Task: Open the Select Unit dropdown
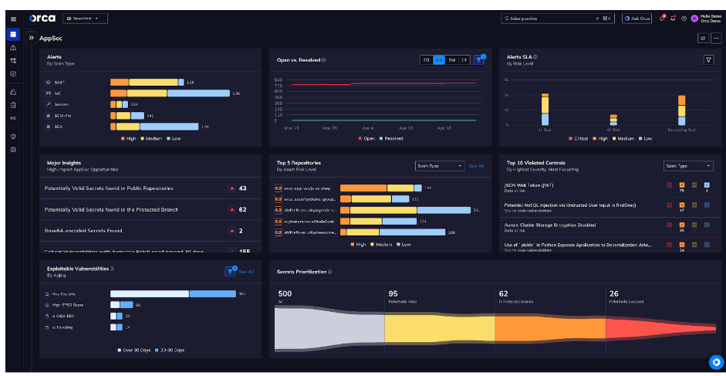tap(84, 18)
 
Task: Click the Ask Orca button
tap(637, 18)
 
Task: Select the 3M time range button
tap(451, 59)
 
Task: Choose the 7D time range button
tap(426, 59)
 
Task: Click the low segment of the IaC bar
tap(198, 93)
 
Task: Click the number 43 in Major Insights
tap(242, 188)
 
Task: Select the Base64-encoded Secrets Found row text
tap(83, 230)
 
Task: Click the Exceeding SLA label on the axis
tap(681, 129)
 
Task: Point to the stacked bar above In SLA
tap(545, 109)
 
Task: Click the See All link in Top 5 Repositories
tap(476, 165)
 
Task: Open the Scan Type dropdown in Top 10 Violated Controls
tap(688, 165)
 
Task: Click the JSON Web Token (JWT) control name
tap(529, 185)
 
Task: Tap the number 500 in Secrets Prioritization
tap(285, 293)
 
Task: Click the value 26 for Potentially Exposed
tap(613, 293)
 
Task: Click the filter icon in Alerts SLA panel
tap(708, 59)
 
